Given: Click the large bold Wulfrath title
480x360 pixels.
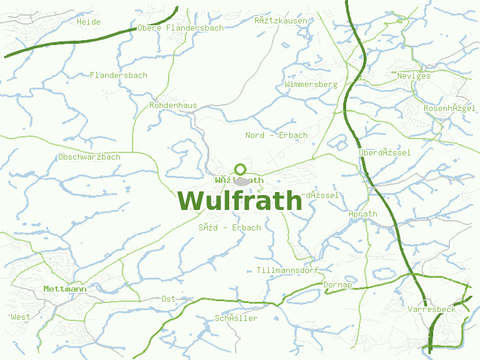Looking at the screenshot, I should [240, 200].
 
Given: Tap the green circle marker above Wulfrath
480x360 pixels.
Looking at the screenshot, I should [241, 169].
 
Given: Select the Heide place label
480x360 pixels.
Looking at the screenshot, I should [89, 22].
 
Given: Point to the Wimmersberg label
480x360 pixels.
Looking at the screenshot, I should [311, 85].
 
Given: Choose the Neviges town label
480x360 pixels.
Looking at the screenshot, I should [414, 76].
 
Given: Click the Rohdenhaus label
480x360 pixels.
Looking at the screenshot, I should [173, 106].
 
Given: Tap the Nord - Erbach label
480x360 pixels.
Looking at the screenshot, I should [277, 135].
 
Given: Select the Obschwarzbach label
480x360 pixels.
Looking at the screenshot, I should [89, 157].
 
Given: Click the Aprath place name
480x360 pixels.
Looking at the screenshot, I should [363, 214].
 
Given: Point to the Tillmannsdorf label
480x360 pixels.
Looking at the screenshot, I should [287, 270].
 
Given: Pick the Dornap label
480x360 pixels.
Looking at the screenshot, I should [338, 285].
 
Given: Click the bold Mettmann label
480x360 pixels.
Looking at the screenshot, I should [65, 289].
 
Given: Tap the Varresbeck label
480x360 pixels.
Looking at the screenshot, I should [431, 310].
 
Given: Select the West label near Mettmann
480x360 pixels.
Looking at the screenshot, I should [20, 317].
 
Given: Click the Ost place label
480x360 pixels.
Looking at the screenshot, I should [169, 299].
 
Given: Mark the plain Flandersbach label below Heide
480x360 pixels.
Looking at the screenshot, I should [119, 76].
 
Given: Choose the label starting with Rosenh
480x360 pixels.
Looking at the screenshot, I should [450, 109].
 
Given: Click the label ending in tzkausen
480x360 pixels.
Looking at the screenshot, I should [281, 21].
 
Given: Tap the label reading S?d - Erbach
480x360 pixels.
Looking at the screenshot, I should [230, 228].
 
